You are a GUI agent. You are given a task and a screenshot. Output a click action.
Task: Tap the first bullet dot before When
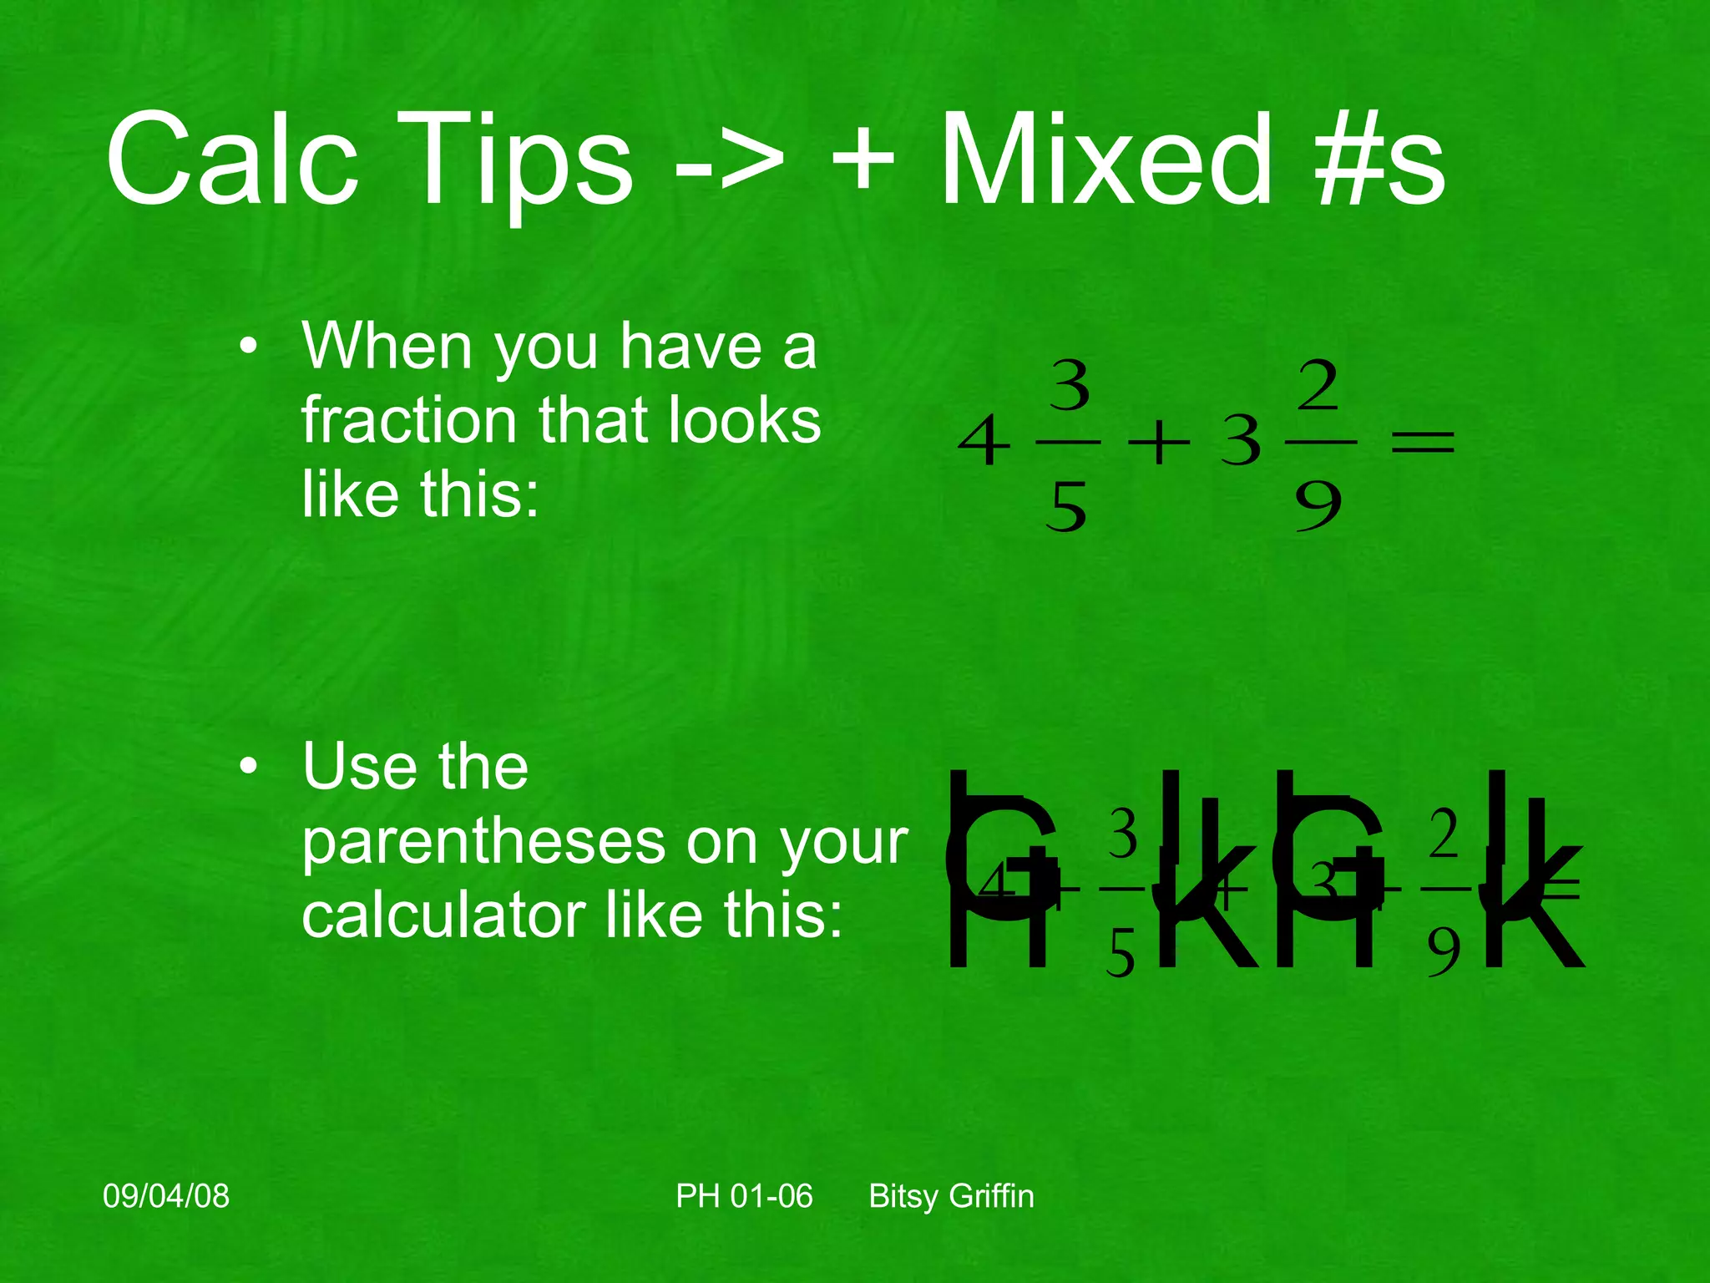point(248,347)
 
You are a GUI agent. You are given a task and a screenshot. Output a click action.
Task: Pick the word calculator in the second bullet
point(443,915)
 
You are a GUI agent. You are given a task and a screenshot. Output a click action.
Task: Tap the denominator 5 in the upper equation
point(1066,507)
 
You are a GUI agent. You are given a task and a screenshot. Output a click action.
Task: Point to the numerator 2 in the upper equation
point(1318,385)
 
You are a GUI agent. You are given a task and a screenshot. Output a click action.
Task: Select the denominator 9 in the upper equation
point(1318,507)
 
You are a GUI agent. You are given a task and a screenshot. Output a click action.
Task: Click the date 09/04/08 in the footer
point(166,1196)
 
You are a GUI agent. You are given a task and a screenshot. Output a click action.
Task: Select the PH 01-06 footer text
point(744,1196)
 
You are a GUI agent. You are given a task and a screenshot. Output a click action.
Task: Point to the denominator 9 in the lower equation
point(1444,952)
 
